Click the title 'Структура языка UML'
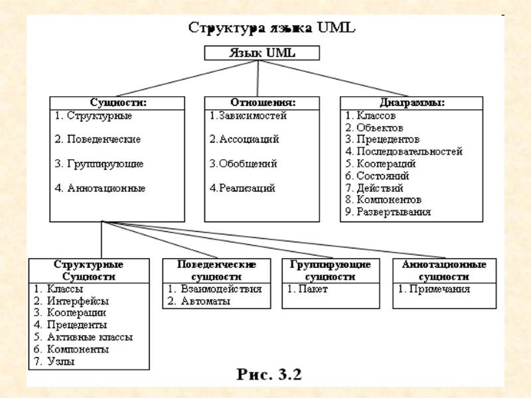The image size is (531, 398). coord(272,29)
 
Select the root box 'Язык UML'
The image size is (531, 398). coord(262,53)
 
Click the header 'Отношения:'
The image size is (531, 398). coord(262,103)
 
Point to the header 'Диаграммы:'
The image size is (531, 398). coord(412,103)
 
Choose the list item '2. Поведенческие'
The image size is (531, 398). coord(98,140)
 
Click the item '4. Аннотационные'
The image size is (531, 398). coord(100,188)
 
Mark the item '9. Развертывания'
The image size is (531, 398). coord(388,212)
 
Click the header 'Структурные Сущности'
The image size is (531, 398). coord(88,270)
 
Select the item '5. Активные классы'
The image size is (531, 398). coord(83,337)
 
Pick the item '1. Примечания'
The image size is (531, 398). coord(434,289)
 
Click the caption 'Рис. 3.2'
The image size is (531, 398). coord(269,374)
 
